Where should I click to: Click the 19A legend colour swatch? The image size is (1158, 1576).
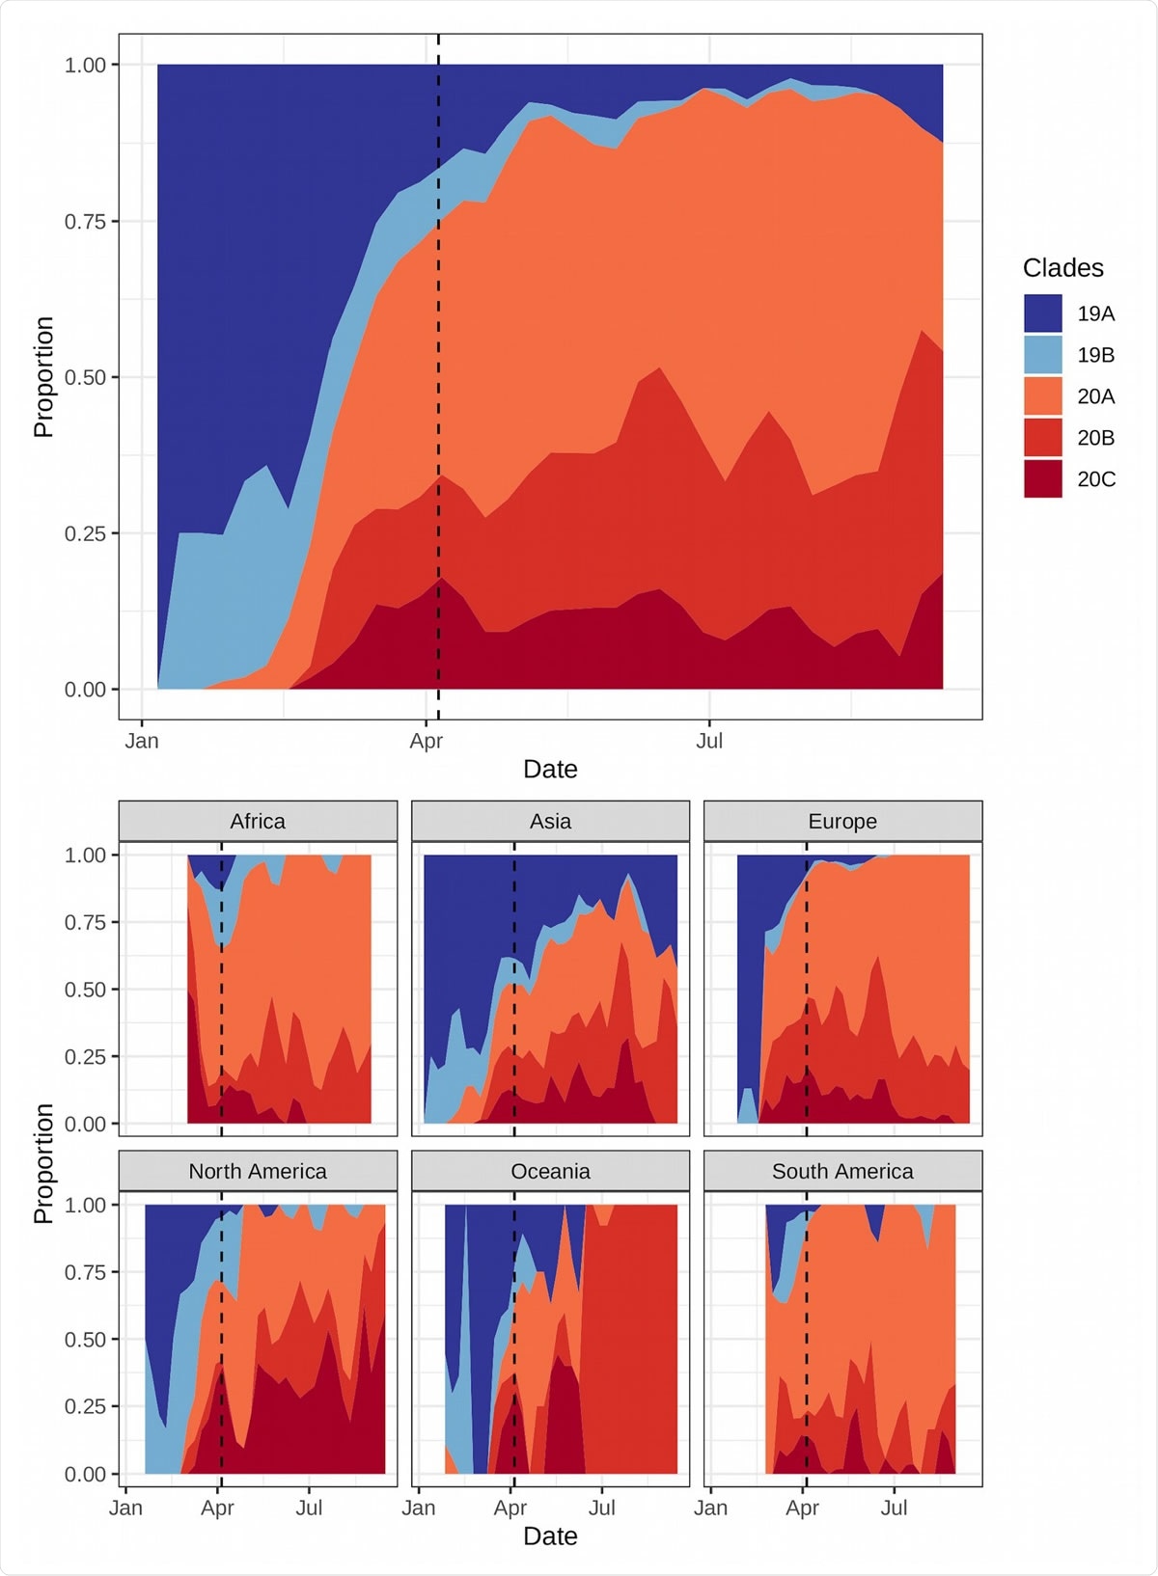(x=1042, y=313)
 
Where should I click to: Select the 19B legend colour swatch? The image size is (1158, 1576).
(x=1042, y=355)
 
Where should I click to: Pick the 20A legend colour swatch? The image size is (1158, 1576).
(x=1042, y=396)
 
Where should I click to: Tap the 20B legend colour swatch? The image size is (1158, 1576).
(x=1042, y=438)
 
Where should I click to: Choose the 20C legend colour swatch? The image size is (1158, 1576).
(x=1042, y=479)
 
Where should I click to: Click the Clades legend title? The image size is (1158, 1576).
(x=1062, y=268)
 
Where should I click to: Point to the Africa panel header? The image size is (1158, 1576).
(x=258, y=821)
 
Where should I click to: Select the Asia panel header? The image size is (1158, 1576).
(x=550, y=821)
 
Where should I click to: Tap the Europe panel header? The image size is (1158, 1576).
(x=842, y=821)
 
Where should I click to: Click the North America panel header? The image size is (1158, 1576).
(x=258, y=1171)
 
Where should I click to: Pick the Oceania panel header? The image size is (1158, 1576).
(x=550, y=1171)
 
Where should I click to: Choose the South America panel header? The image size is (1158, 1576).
(x=842, y=1171)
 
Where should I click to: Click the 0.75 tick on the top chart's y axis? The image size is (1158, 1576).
(x=85, y=222)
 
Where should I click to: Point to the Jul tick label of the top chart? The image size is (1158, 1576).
(x=709, y=741)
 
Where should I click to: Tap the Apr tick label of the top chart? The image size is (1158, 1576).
(x=426, y=741)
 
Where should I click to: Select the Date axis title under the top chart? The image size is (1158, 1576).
(x=550, y=770)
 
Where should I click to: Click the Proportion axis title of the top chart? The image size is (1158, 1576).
(x=43, y=377)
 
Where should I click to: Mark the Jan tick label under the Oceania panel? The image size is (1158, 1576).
(x=418, y=1508)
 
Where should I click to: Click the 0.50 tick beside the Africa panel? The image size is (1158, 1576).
(x=85, y=990)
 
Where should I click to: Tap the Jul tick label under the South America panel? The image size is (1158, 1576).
(x=894, y=1508)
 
